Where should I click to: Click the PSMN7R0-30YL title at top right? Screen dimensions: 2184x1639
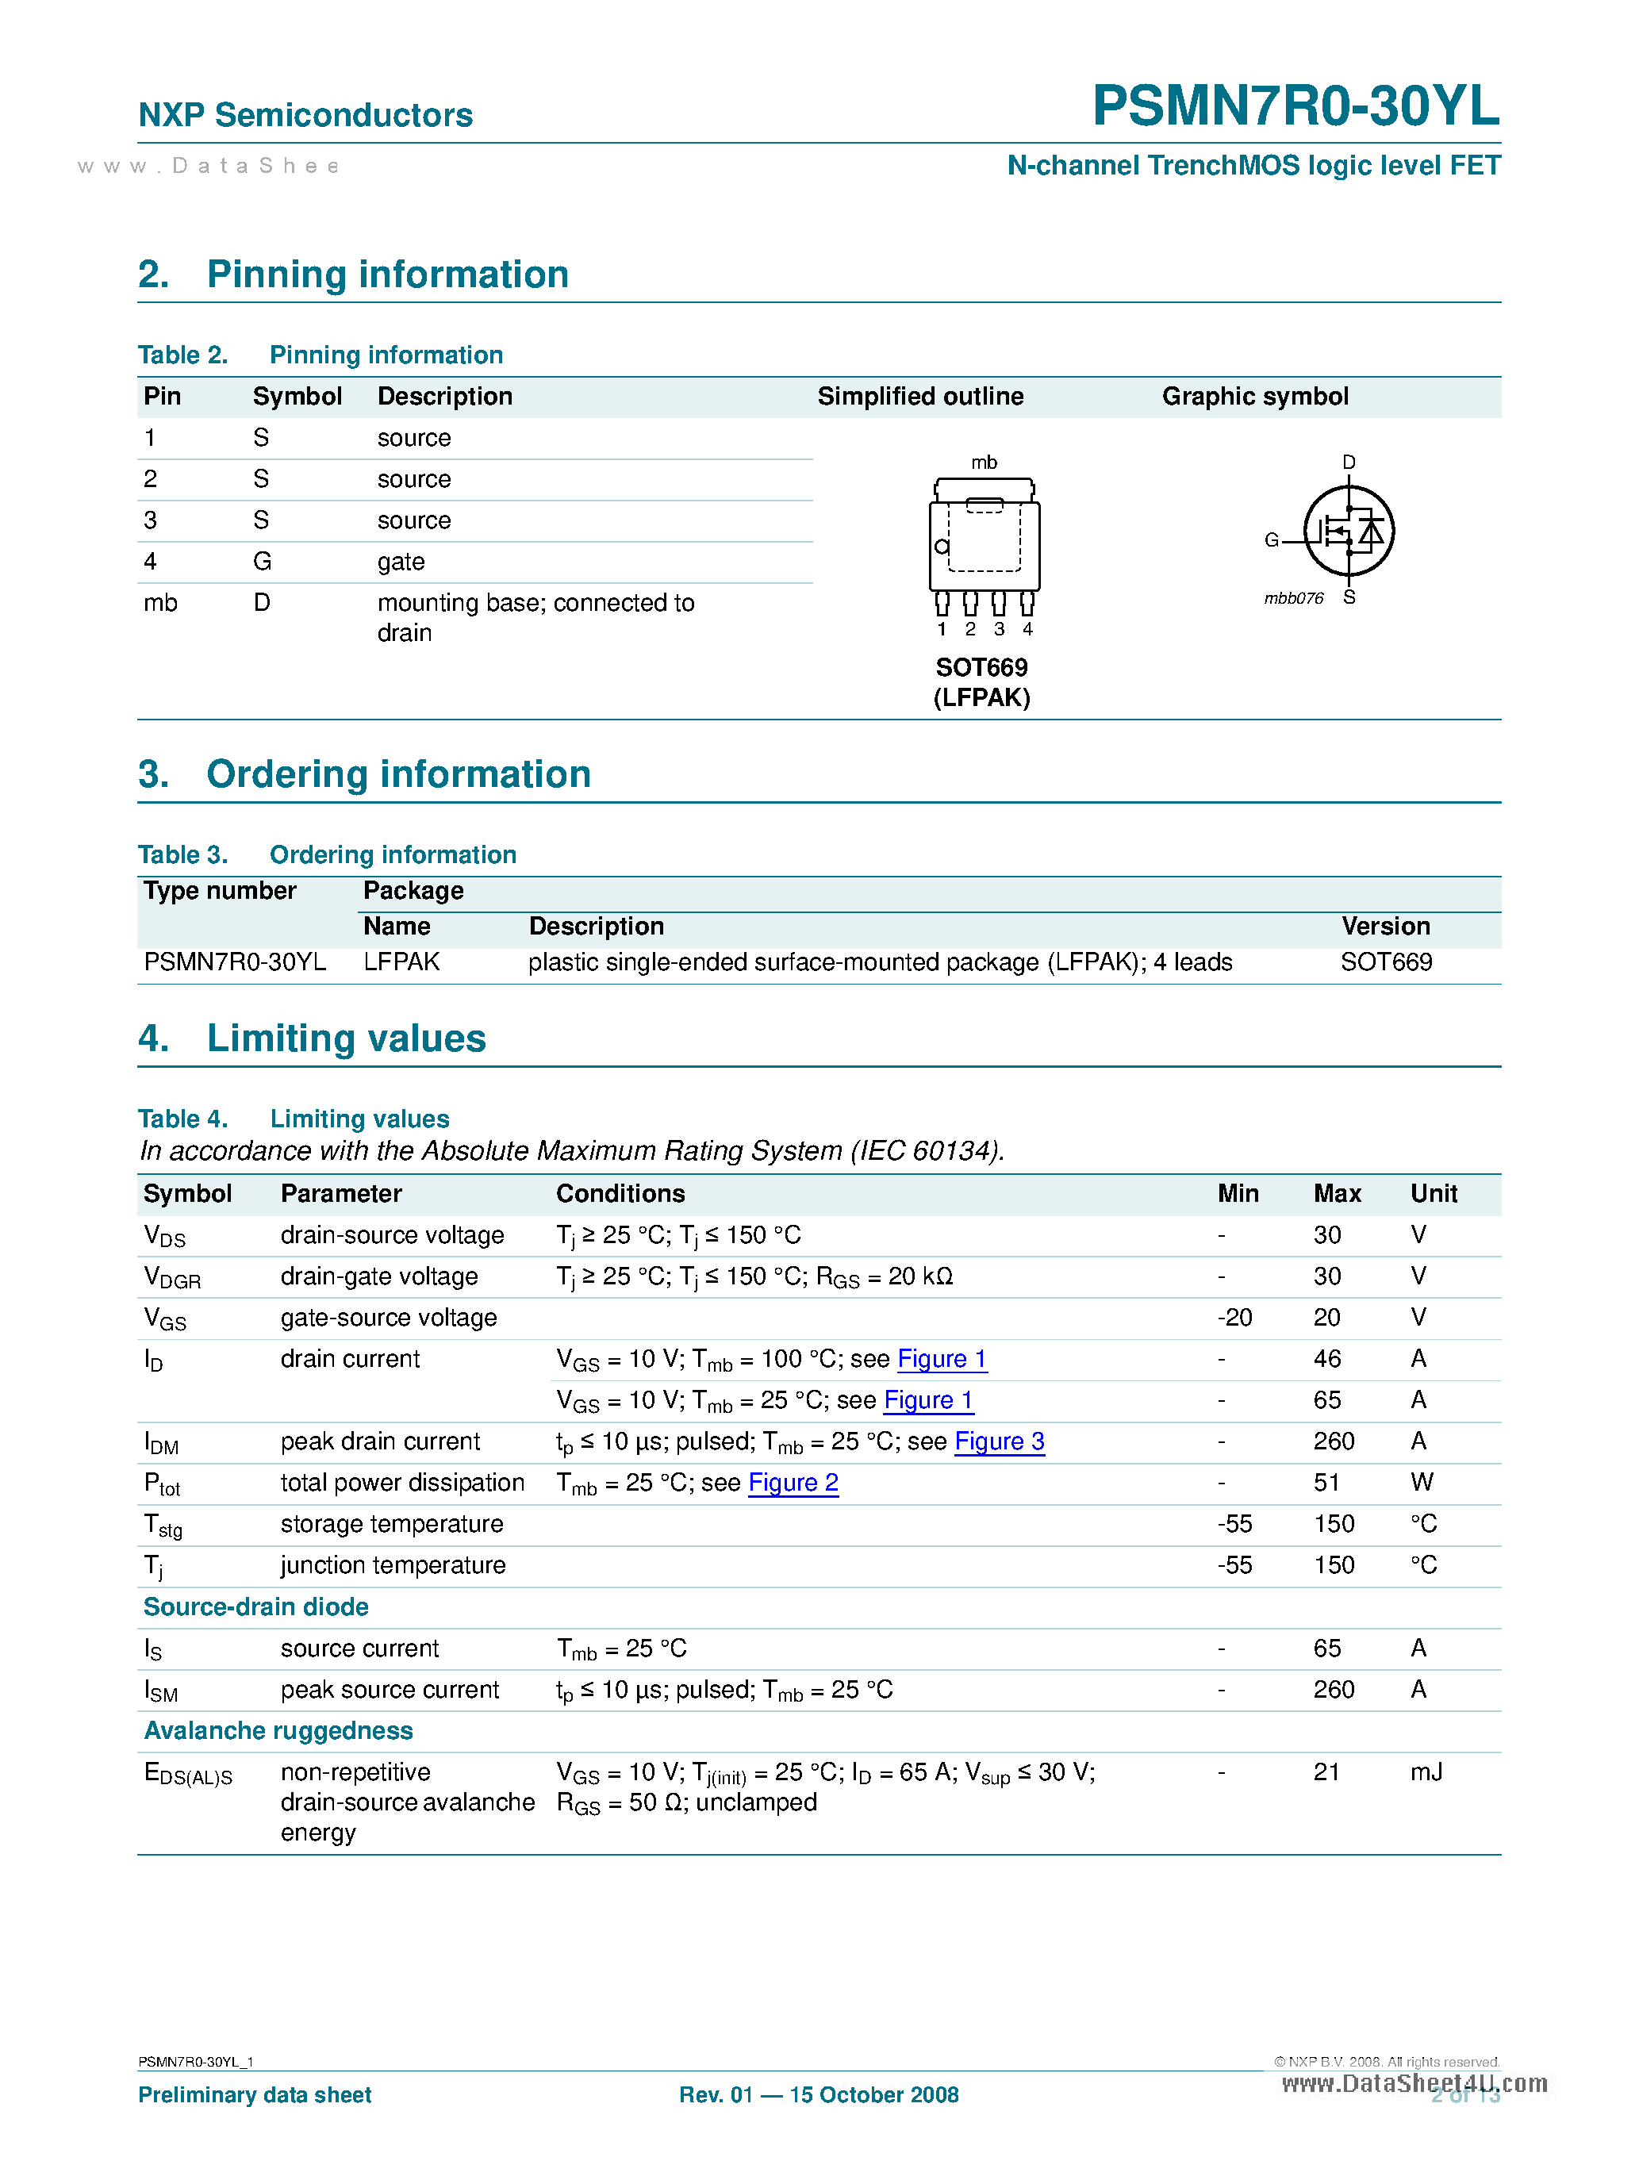tap(1295, 106)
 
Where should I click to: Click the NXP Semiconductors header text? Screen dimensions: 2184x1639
tap(305, 116)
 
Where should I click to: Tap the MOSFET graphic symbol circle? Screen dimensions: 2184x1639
tap(1348, 532)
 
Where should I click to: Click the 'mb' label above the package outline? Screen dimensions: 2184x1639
tap(984, 462)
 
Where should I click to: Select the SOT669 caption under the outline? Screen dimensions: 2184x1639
tap(981, 667)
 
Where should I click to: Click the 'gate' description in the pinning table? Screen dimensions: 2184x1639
tap(401, 562)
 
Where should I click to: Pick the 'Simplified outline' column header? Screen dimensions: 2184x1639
tap(919, 397)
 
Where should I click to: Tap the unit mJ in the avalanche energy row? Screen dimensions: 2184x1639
tap(1426, 1771)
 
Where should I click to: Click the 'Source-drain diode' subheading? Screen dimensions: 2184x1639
tap(255, 1606)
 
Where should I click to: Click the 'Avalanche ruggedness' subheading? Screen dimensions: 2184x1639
tap(278, 1731)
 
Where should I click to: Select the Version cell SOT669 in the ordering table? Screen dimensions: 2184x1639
tap(1385, 961)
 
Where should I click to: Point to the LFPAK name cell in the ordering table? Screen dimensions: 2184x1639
tap(401, 961)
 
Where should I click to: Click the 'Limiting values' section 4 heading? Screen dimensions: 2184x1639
tap(346, 1038)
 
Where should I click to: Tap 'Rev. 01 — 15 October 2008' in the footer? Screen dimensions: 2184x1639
tap(819, 2094)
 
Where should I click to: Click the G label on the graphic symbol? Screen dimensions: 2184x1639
tap(1271, 540)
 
